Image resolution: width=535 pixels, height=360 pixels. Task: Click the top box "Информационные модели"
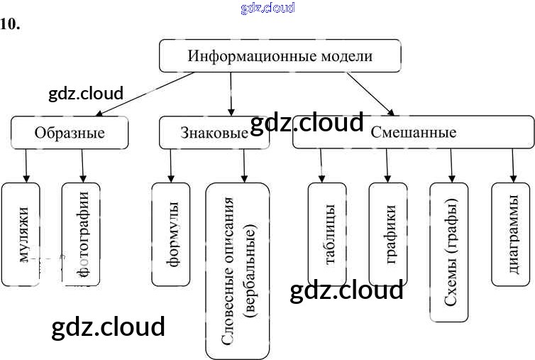coord(280,55)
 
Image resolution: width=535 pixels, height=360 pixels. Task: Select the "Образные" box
coord(70,133)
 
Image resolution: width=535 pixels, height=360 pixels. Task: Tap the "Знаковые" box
coord(214,133)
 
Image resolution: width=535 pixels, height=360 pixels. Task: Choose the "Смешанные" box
coord(413,133)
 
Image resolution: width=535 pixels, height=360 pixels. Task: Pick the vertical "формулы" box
coord(171,234)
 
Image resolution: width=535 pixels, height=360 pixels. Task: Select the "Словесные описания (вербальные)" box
coord(238,270)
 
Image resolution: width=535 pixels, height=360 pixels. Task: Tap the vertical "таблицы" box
coord(327,234)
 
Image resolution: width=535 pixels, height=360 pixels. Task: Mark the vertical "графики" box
coord(388,234)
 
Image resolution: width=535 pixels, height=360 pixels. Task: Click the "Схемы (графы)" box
coord(449,252)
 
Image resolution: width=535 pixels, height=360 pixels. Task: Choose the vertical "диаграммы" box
coord(511,234)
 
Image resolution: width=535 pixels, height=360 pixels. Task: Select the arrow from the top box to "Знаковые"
coord(231,94)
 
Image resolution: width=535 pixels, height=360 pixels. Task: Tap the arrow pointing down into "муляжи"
coord(26,165)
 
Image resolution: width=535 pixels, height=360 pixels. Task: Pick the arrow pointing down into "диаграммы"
coord(511,165)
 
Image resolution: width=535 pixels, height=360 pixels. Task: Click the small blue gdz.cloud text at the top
coord(267,8)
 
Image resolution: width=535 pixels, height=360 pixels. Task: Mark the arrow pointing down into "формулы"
coord(171,165)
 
